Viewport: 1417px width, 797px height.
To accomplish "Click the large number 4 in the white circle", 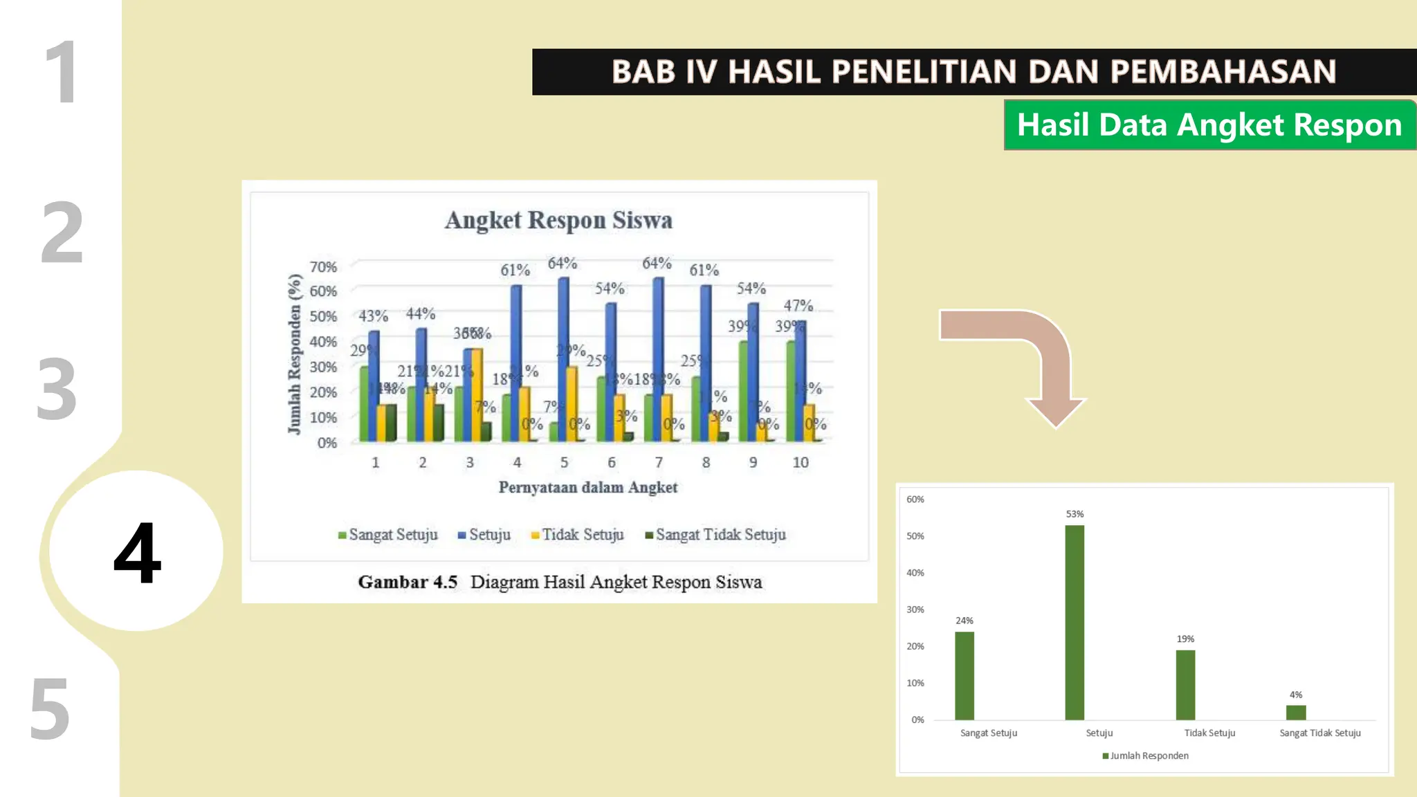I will pyautogui.click(x=137, y=552).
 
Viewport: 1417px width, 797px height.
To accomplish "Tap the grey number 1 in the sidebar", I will pyautogui.click(x=62, y=72).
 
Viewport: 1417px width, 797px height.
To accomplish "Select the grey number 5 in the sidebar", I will pyautogui.click(x=50, y=708).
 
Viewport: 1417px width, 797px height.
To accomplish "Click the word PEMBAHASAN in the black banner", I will pyautogui.click(x=1223, y=72).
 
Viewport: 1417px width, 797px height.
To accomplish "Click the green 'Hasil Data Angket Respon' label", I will pyautogui.click(x=1209, y=125).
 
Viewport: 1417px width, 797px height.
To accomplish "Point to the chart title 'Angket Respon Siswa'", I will pyautogui.click(x=558, y=220).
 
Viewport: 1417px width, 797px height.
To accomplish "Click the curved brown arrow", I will pyautogui.click(x=1024, y=360).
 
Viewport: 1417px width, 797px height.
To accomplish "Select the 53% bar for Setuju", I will pyautogui.click(x=1074, y=623).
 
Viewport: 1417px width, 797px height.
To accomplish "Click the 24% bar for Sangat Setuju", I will pyautogui.click(x=964, y=675).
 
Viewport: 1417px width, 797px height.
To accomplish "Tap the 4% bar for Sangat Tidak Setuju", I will pyautogui.click(x=1295, y=713).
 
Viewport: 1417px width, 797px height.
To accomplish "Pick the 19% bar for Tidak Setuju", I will pyautogui.click(x=1185, y=685).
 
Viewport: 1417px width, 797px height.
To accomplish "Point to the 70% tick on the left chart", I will pyautogui.click(x=323, y=267).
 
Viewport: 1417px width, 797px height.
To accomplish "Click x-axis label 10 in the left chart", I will pyautogui.click(x=800, y=462).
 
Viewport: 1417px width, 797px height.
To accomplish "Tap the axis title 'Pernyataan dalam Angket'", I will pyautogui.click(x=587, y=488).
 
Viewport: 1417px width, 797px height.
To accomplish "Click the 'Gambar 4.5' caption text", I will pyautogui.click(x=408, y=582).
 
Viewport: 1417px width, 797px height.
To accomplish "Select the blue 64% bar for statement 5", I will pyautogui.click(x=563, y=360).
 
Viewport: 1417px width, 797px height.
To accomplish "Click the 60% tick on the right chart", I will pyautogui.click(x=915, y=500).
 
